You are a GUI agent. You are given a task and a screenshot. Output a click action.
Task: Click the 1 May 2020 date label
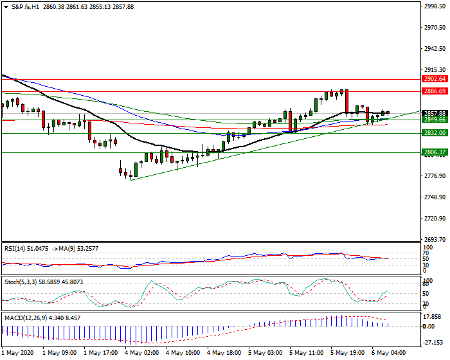pyautogui.click(x=19, y=353)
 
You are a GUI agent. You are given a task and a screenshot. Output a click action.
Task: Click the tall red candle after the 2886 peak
pyautogui.click(x=346, y=102)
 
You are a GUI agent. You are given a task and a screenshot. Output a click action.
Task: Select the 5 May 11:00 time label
pyautogui.click(x=307, y=353)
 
